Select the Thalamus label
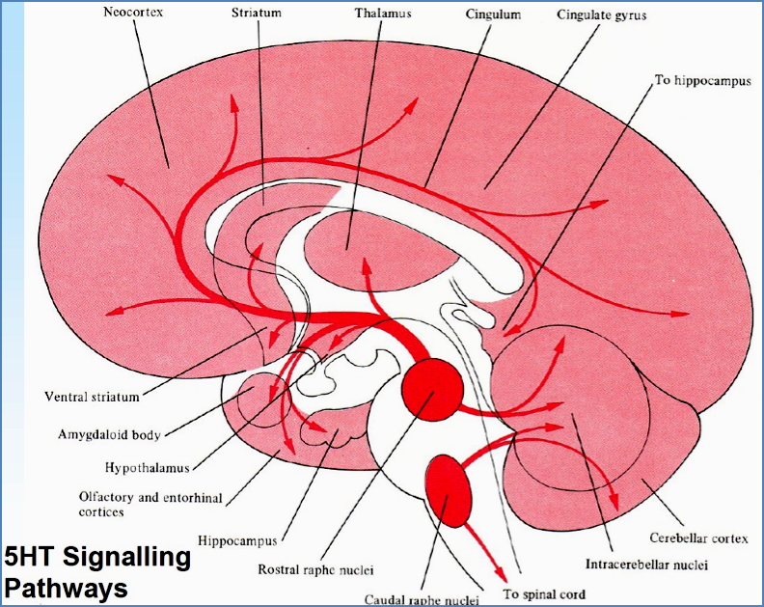coord(384,15)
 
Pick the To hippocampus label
coord(703,80)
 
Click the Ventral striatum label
coord(93,396)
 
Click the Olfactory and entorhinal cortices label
coord(139,504)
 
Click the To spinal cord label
coord(544,593)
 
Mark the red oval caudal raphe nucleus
coord(450,488)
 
